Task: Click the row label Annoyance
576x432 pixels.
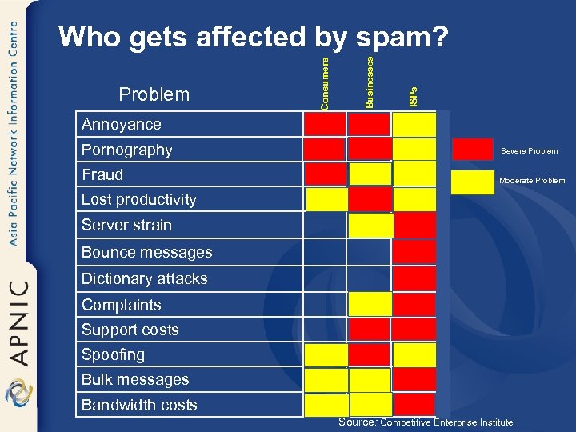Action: (121, 124)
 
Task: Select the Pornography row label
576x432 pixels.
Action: (126, 150)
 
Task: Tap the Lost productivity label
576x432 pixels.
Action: (138, 199)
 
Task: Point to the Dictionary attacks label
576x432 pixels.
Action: (144, 278)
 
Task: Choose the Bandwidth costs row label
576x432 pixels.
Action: (139, 405)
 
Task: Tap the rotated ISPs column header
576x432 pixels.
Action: (413, 97)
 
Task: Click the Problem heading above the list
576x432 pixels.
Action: (154, 94)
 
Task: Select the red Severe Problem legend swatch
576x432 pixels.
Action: (473, 150)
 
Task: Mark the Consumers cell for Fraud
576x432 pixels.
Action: (326, 174)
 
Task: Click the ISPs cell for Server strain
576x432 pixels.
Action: (414, 225)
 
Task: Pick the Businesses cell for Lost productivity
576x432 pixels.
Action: (370, 199)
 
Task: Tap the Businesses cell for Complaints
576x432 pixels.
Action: (370, 304)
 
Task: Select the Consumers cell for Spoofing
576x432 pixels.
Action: (326, 354)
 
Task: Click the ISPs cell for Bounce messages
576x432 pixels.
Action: (414, 252)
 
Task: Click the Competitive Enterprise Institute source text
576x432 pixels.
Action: (446, 422)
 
